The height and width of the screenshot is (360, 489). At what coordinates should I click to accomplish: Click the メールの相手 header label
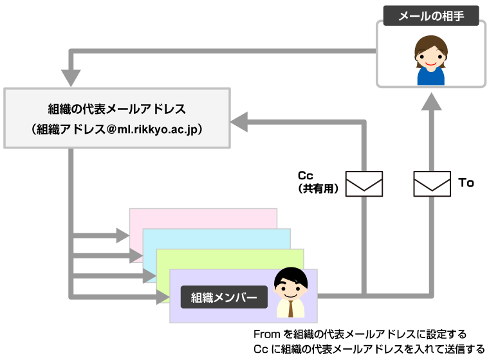click(431, 15)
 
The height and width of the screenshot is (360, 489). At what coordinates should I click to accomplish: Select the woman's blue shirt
click(431, 76)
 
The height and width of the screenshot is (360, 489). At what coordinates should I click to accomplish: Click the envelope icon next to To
click(432, 184)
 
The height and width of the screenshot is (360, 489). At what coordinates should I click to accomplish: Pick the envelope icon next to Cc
click(364, 184)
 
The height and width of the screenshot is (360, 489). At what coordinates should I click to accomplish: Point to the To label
click(466, 183)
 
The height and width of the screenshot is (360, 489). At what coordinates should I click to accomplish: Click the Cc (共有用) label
click(318, 182)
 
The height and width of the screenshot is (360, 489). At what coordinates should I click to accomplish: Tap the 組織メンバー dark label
click(224, 298)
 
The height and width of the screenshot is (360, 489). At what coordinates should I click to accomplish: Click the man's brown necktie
click(291, 309)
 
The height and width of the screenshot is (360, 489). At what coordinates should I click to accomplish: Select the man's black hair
click(291, 276)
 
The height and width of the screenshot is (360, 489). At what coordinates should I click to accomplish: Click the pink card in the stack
click(203, 218)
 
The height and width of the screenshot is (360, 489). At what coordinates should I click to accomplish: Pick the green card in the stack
click(231, 258)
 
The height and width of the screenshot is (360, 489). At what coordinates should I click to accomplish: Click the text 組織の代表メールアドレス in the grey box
click(117, 109)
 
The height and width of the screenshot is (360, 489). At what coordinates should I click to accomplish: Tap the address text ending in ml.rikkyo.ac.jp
click(117, 129)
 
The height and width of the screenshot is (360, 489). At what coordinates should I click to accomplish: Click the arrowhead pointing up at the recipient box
click(432, 102)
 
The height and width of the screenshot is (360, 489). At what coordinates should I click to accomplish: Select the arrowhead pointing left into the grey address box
click(239, 122)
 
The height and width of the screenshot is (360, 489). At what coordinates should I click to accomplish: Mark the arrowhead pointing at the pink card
click(123, 235)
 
